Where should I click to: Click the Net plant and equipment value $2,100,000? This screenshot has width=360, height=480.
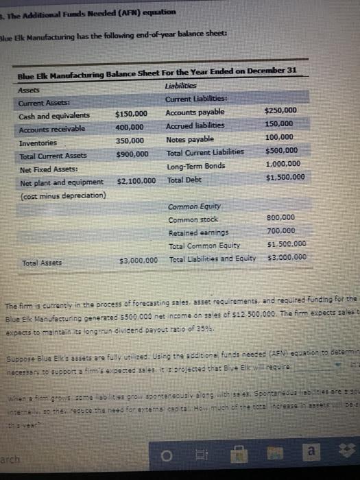tap(136, 181)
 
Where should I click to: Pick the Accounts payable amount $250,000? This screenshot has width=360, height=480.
tap(280, 110)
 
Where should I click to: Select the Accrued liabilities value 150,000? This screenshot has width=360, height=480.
tap(281, 124)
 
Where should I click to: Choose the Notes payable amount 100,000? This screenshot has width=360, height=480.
tap(281, 138)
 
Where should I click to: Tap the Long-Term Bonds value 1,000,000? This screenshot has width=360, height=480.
tap(282, 165)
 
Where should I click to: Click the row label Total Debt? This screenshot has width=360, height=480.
tap(183, 180)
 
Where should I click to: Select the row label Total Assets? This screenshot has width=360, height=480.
tap(40, 263)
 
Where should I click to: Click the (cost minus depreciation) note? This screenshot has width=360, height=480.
tap(62, 195)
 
